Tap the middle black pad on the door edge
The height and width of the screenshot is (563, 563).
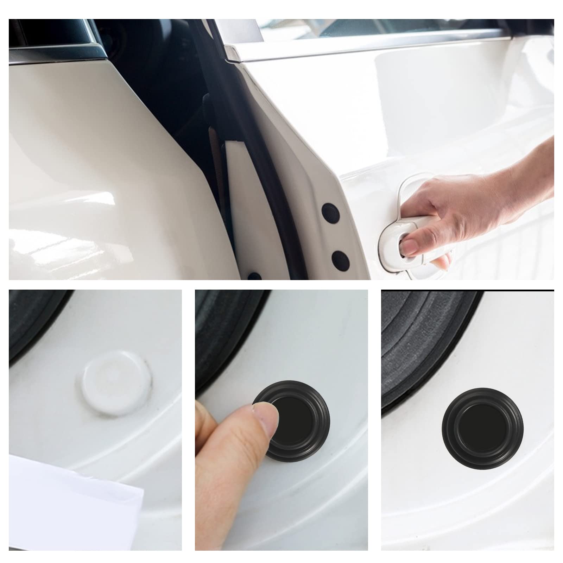tap(340, 259)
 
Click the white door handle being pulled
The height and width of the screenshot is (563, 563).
tap(415, 229)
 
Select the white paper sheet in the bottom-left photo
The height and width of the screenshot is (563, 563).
tap(70, 493)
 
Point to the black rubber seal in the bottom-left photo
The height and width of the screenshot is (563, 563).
tap(32, 320)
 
